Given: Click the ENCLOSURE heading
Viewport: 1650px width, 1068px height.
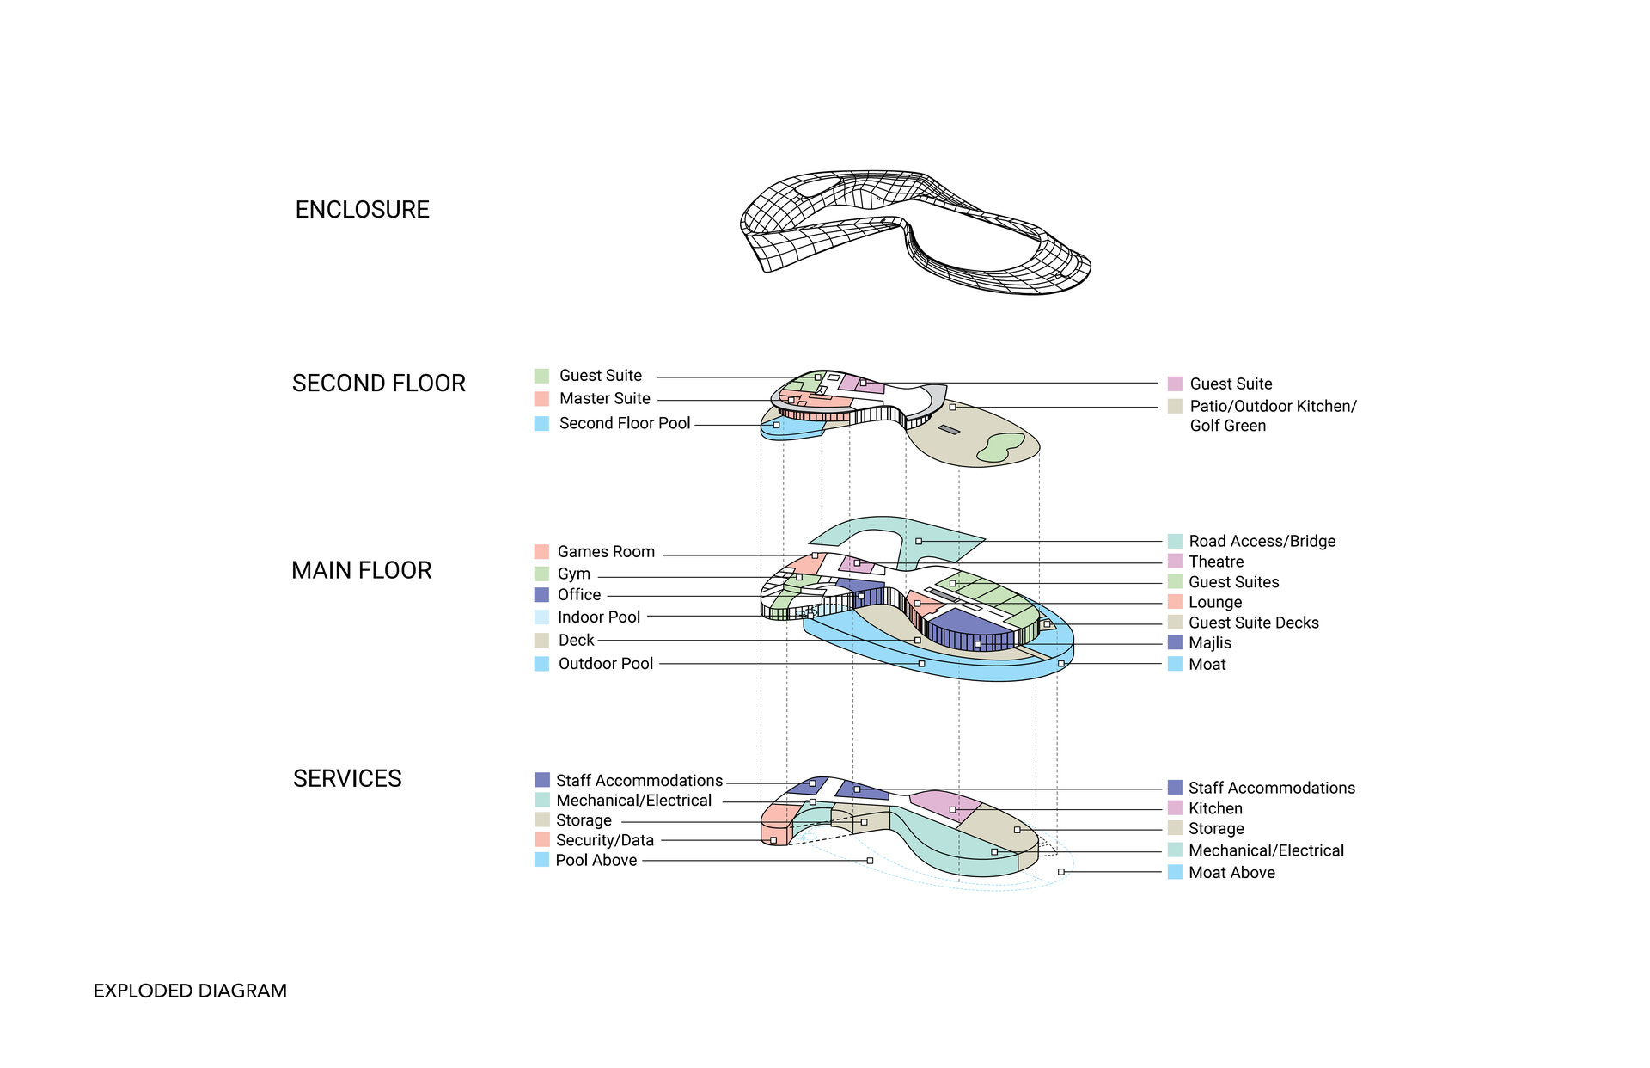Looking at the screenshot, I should (362, 210).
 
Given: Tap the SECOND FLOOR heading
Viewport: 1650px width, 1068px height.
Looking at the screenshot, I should (378, 384).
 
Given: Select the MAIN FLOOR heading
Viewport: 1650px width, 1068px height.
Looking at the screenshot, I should (361, 570).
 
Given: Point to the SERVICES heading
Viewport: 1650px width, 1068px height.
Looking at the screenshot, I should (347, 779).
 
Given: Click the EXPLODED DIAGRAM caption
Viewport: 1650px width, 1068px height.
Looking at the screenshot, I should (190, 991).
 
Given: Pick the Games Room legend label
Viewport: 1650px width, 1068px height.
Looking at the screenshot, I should (606, 552).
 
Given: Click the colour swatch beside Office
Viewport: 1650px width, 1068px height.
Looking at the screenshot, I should (541, 595).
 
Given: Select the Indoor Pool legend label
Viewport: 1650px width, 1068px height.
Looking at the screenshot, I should (599, 617).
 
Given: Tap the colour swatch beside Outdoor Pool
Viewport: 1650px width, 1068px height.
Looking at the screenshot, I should (541, 664).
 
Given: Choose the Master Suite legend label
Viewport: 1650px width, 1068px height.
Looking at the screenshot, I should (604, 399).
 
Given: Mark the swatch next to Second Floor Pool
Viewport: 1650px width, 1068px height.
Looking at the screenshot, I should (541, 424).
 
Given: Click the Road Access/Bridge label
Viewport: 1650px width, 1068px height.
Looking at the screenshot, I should (1262, 542).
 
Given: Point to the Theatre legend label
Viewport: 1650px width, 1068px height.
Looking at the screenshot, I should (1216, 562).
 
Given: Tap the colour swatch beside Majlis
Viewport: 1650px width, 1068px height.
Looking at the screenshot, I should (1175, 643).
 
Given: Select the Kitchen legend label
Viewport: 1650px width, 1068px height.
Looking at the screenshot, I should (1215, 809).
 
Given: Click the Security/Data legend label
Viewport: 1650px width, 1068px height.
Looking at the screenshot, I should (604, 841).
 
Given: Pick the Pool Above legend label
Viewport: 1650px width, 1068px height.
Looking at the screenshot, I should (596, 861).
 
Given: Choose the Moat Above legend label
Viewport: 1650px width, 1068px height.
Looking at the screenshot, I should (1231, 873).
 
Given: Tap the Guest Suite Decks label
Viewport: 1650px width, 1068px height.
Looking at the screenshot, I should (1253, 623).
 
